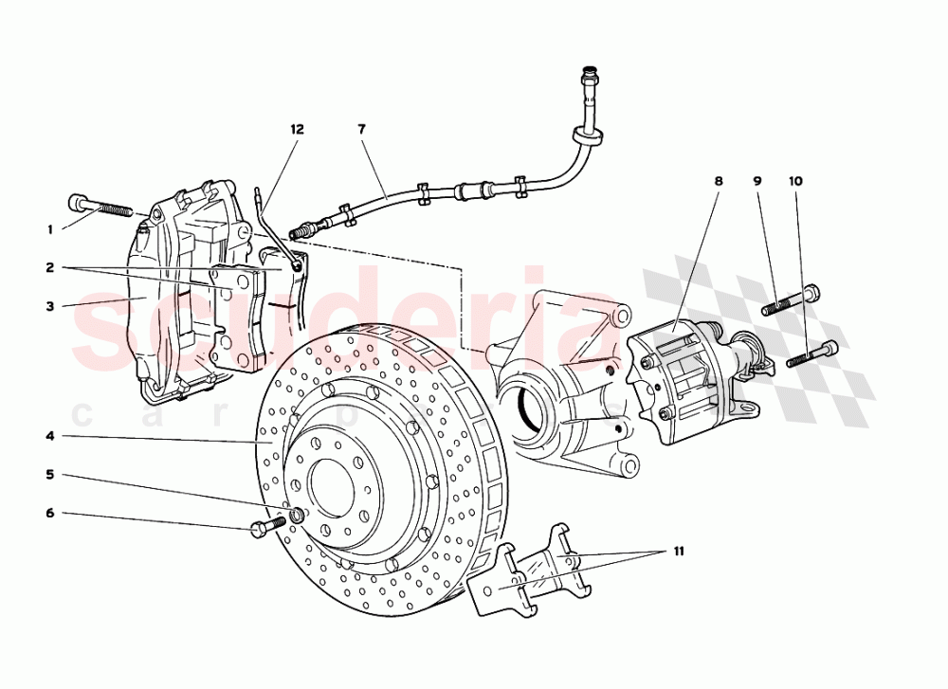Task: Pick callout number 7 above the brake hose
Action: (x=361, y=128)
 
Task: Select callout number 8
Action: (x=719, y=180)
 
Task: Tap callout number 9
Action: (x=757, y=180)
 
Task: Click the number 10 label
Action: (x=794, y=180)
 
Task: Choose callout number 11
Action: (x=678, y=550)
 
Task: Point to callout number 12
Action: (x=297, y=128)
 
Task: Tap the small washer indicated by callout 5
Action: (x=297, y=515)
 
